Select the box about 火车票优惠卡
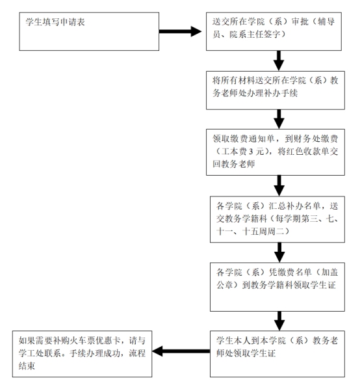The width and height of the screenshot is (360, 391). point(83,353)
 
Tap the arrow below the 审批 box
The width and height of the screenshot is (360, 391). point(279,62)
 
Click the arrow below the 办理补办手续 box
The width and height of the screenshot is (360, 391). point(279,120)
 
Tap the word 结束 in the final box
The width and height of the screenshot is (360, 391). point(27,366)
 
